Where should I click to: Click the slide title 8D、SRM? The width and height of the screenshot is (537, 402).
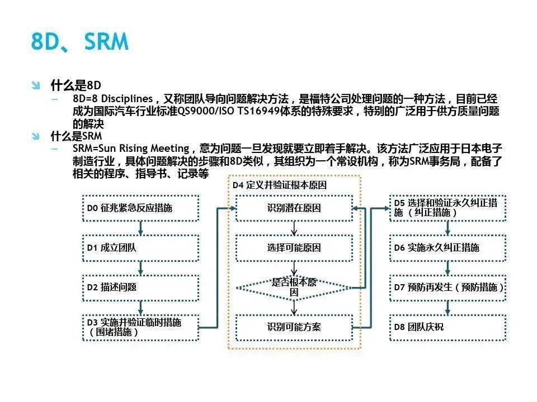click(80, 41)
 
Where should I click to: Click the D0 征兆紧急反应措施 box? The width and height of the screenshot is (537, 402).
click(140, 208)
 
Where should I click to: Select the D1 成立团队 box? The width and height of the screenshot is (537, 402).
click(140, 248)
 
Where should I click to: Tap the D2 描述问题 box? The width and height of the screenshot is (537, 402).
click(140, 288)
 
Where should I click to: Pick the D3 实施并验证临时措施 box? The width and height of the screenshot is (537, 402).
click(140, 328)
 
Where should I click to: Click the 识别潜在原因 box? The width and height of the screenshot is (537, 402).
click(294, 208)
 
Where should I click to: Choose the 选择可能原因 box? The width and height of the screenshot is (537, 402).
click(294, 248)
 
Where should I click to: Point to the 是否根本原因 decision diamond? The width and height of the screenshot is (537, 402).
click(294, 288)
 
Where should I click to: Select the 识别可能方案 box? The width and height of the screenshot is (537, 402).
click(294, 328)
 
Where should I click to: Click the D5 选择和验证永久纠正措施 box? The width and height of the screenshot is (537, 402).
click(448, 208)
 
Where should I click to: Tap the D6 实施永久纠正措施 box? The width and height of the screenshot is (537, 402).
click(448, 248)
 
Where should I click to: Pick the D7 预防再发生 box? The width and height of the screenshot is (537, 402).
click(448, 288)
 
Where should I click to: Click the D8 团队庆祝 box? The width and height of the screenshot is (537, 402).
click(448, 328)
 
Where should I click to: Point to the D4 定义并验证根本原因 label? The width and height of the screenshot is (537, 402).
click(280, 185)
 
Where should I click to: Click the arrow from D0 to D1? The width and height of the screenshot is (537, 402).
click(140, 228)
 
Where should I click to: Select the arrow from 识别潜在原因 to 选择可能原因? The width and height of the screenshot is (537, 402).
click(294, 228)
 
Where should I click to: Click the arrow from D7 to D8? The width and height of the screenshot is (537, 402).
click(447, 308)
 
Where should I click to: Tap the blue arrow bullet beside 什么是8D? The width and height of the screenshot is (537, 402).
click(36, 85)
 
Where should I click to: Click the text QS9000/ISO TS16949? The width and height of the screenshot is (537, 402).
click(229, 111)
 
